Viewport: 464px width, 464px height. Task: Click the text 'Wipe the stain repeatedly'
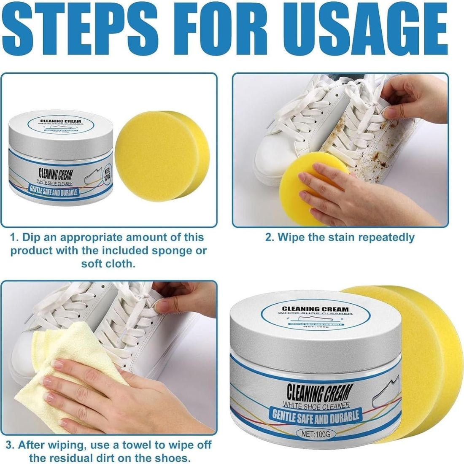(340, 237)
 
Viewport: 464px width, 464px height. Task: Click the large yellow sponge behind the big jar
(422, 359)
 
